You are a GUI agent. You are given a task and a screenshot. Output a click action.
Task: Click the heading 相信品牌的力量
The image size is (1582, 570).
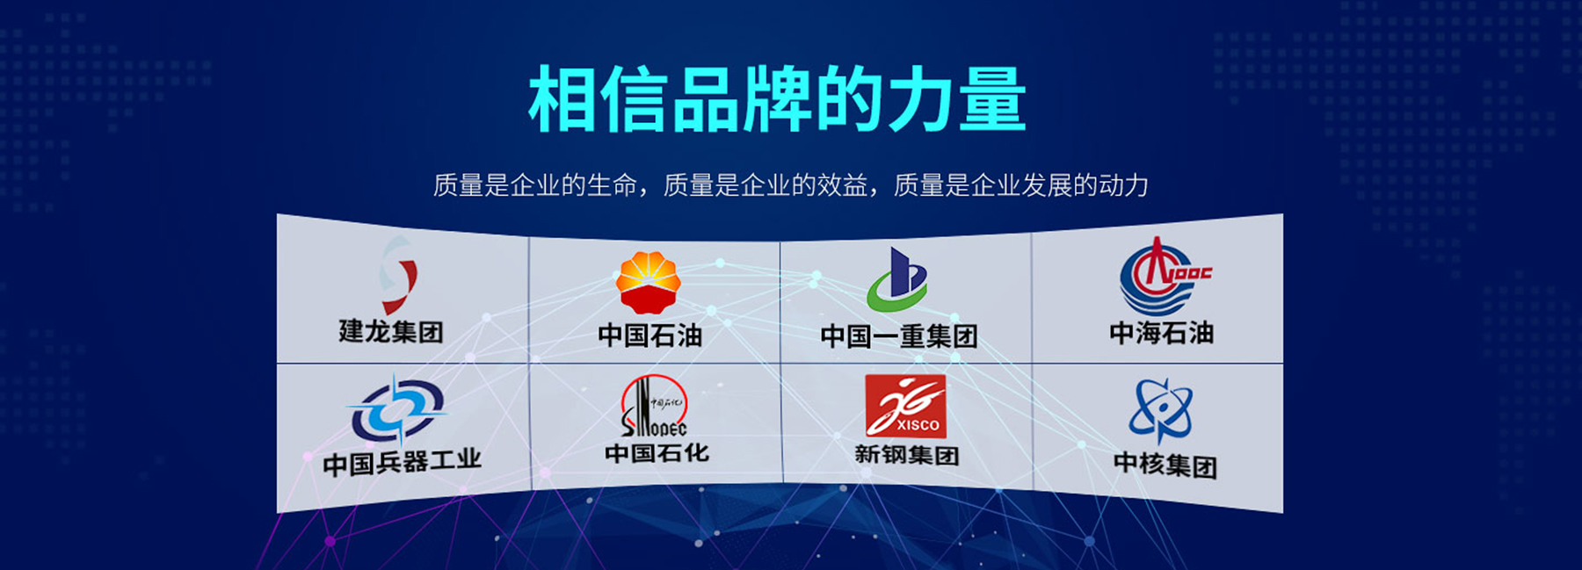point(777,99)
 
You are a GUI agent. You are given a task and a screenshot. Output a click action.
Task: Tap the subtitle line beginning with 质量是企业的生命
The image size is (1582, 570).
point(790,185)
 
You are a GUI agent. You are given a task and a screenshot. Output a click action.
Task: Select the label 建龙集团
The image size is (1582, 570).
point(391,331)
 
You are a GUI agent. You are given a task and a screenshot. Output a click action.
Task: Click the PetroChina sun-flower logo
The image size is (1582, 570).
point(649,282)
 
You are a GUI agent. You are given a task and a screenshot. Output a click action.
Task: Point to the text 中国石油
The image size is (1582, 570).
point(649,335)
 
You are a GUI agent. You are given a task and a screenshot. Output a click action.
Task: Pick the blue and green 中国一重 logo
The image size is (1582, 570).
point(897,280)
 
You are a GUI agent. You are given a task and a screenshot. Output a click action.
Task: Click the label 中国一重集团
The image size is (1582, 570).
point(898,336)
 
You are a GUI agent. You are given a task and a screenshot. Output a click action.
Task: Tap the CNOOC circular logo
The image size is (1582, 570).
point(1163,277)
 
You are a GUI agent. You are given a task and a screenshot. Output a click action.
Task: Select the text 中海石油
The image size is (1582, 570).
point(1161,333)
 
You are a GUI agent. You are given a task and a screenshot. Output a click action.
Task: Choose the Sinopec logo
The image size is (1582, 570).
point(654,406)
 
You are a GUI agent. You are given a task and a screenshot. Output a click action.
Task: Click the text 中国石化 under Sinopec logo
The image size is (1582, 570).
point(657,453)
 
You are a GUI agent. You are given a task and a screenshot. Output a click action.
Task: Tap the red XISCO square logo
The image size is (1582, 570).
point(905,406)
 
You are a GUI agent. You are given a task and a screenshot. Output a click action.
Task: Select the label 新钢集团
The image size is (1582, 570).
point(906,455)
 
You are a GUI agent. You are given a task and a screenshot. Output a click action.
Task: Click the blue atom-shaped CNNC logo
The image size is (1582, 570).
point(1160,410)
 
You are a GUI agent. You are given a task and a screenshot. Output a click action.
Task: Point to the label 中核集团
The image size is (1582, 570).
point(1165,463)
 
